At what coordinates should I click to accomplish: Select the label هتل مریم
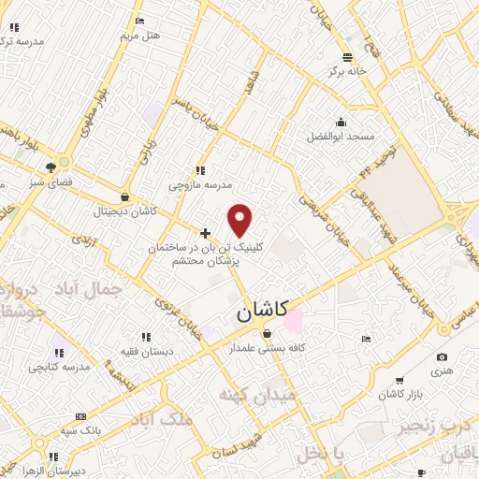click(x=140, y=36)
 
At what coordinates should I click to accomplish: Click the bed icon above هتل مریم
click(x=140, y=21)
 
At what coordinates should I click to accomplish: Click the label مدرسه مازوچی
click(x=197, y=185)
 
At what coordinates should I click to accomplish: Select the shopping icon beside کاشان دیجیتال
click(x=125, y=196)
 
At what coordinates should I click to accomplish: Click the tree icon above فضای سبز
click(x=49, y=168)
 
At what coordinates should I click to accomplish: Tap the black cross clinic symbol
click(x=206, y=232)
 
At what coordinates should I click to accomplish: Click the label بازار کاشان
click(x=403, y=394)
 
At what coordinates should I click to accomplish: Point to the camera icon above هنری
click(x=442, y=356)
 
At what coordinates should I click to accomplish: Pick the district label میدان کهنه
click(x=257, y=396)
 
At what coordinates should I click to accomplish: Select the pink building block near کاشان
click(x=294, y=320)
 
